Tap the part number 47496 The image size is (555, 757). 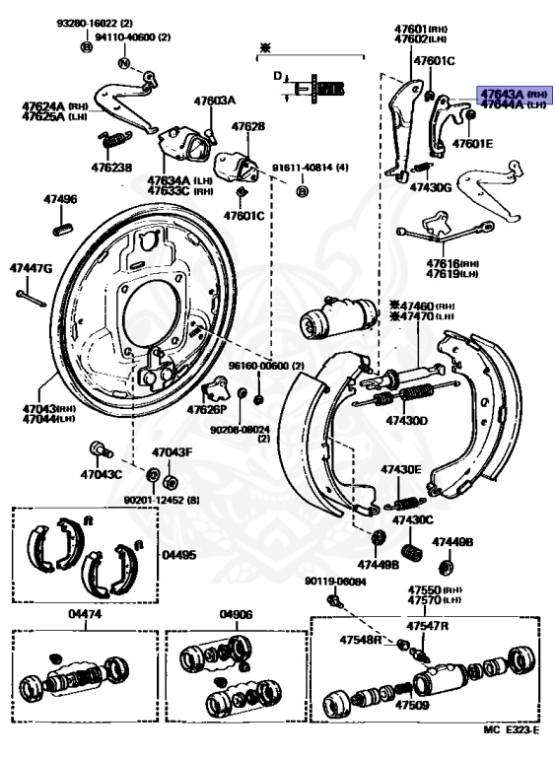point(59,199)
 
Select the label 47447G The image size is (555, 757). point(32,268)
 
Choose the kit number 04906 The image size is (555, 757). point(237,614)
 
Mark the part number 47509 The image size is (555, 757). point(411,706)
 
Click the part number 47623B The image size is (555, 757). point(110,168)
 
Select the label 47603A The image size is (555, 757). point(215,101)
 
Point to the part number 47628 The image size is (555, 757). point(247,127)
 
